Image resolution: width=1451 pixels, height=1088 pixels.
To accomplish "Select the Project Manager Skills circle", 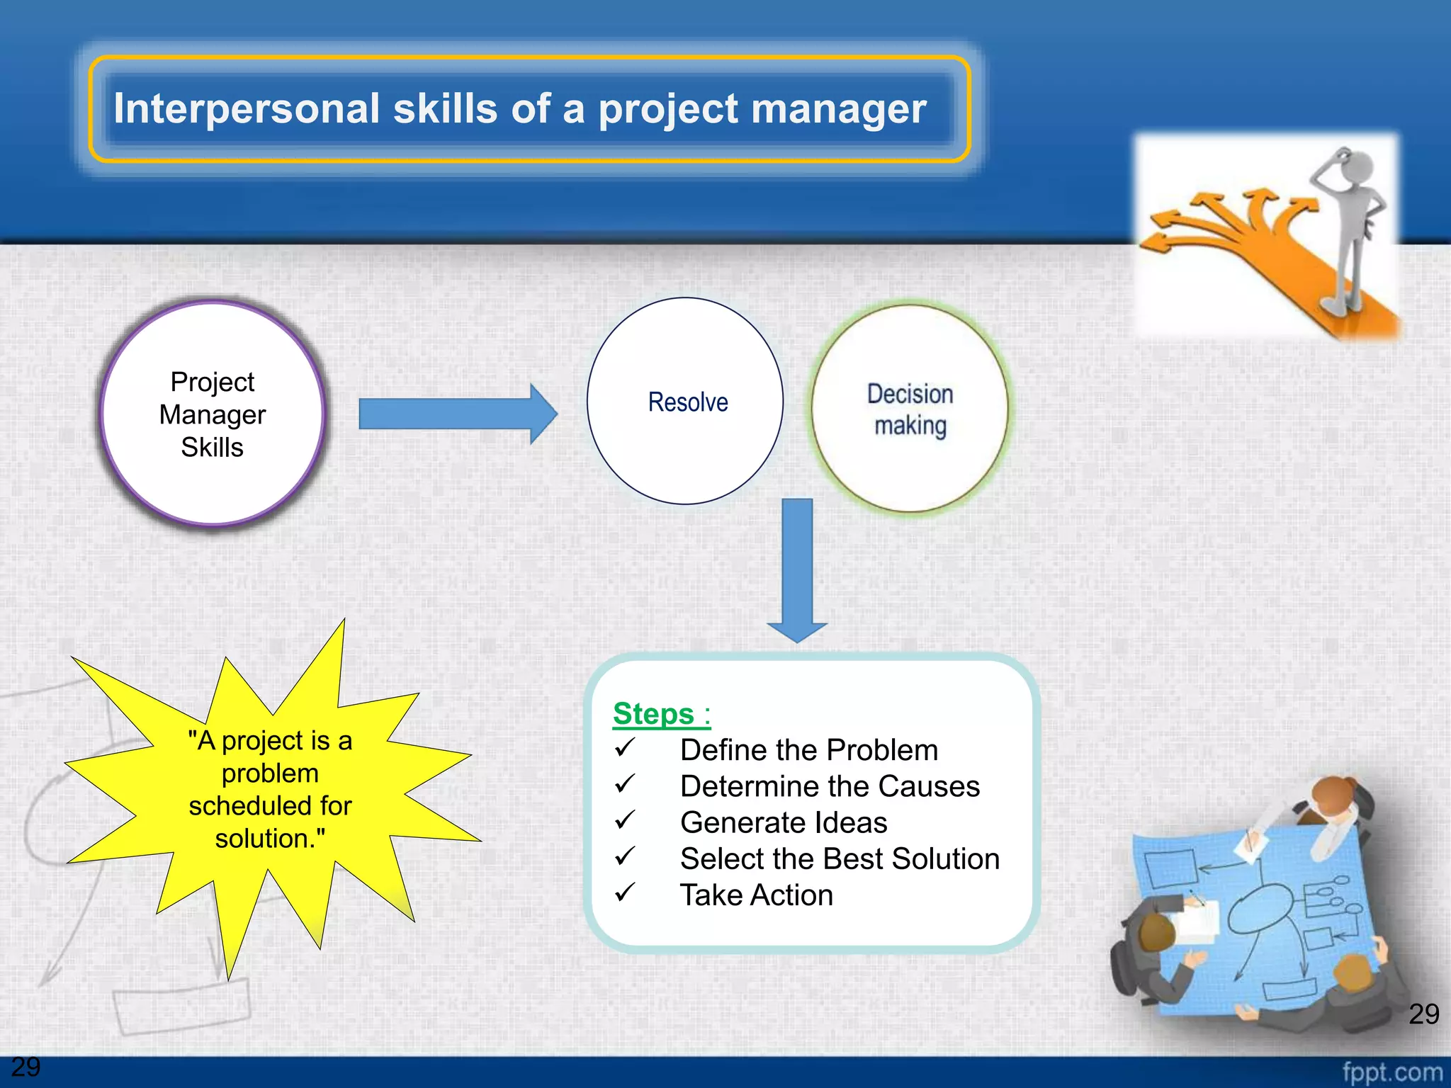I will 212,414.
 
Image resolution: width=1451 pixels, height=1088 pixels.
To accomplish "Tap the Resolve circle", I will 685,402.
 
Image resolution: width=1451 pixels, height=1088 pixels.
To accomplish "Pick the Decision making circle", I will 910,409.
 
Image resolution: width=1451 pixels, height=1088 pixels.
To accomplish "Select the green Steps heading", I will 653,713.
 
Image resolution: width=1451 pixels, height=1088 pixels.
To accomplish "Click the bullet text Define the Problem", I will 808,750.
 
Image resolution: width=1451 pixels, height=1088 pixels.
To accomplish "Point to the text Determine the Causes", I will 830,786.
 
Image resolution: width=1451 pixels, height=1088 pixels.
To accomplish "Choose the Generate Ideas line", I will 783,822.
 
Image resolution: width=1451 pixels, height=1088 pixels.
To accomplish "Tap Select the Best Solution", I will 840,858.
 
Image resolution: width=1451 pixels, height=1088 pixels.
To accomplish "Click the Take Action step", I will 756,895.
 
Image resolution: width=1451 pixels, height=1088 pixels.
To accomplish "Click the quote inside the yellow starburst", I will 270,789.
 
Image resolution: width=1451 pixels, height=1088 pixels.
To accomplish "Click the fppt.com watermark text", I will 1391,1071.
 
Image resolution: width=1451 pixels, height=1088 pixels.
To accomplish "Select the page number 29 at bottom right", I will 1423,1014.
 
